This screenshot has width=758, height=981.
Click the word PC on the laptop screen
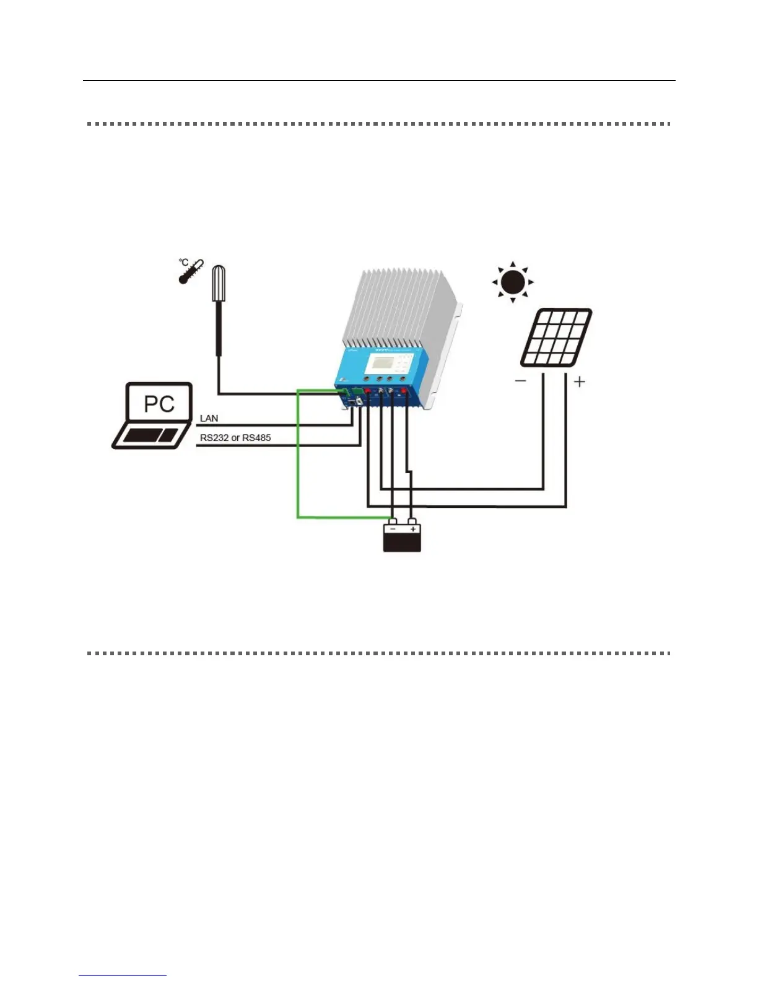click(159, 404)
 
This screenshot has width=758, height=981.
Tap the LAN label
click(209, 419)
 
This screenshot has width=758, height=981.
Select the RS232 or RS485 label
click(235, 438)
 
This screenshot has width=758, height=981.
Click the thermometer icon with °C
click(190, 271)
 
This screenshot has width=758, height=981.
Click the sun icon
click(513, 282)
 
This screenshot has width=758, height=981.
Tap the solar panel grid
click(556, 338)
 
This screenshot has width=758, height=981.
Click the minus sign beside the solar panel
click(520, 381)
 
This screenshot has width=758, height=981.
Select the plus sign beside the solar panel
click(580, 381)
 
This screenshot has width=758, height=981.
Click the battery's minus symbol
click(393, 530)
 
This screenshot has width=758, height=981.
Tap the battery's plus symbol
click(413, 530)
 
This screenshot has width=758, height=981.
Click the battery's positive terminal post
click(412, 521)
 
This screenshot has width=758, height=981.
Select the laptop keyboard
click(150, 435)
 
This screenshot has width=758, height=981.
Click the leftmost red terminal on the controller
click(367, 391)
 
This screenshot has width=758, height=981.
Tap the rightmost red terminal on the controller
click(404, 391)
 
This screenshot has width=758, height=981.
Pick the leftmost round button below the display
click(367, 378)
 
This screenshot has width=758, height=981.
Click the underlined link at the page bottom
click(123, 975)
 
